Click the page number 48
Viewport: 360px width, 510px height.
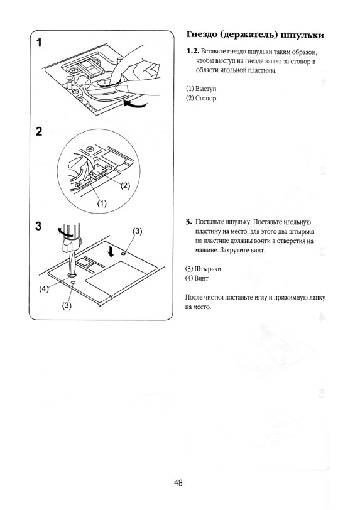point(178,482)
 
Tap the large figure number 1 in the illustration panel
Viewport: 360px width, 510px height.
point(39,43)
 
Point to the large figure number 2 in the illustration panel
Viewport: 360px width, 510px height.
point(39,131)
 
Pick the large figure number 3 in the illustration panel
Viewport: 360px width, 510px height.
point(39,225)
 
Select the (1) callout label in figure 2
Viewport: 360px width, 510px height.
point(102,203)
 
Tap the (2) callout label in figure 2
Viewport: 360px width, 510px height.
point(125,185)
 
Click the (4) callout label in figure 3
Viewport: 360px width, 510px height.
point(44,288)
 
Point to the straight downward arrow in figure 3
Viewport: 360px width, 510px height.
point(112,251)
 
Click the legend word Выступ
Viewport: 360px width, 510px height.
point(205,89)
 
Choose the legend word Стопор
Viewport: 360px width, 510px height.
point(205,98)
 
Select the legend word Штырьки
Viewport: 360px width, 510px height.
point(207,269)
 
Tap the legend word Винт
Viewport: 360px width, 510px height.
point(201,278)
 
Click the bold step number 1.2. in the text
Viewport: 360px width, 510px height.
point(193,52)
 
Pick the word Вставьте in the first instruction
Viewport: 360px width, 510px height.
point(212,52)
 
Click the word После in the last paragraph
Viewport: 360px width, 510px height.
point(194,297)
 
